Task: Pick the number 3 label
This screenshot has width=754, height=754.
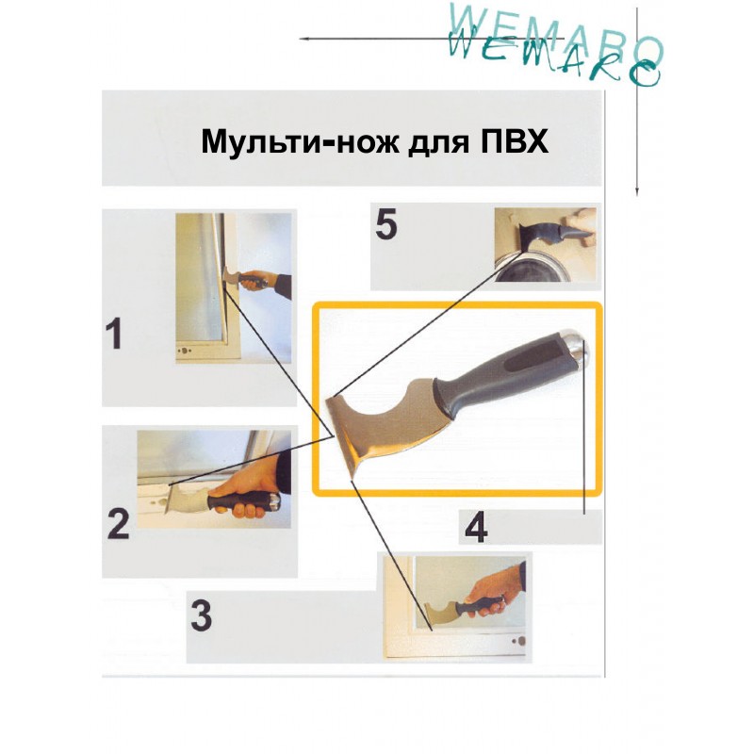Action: tap(202, 616)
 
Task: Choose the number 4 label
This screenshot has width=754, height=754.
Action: tap(476, 527)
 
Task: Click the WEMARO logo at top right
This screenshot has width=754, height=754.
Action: tap(555, 45)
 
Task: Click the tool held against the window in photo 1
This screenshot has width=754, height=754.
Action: tap(245, 279)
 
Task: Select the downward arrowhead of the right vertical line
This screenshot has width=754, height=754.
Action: tap(637, 191)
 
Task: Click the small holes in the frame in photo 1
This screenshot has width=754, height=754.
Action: tap(184, 351)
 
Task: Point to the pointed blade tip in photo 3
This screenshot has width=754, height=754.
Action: tap(431, 629)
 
